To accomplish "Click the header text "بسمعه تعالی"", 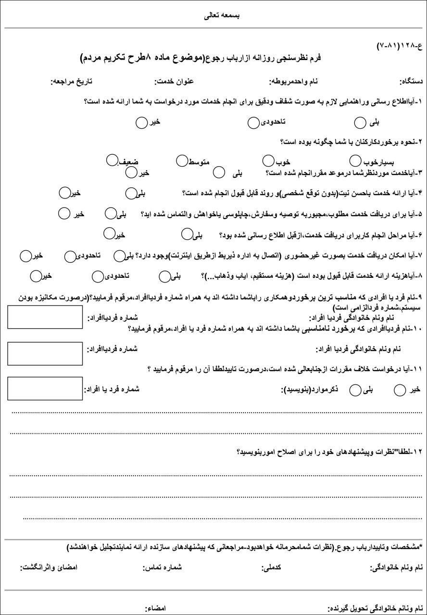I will tap(222, 15).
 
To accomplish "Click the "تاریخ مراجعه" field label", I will tap(72, 82).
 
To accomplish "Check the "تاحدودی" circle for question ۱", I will tap(253, 123).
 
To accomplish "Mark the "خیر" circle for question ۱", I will tap(141, 123).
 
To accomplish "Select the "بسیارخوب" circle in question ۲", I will tap(355, 160).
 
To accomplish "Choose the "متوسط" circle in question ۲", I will tap(181, 160).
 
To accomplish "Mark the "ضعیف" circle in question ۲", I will tap(112, 160).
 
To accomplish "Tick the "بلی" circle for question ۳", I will tap(219, 172).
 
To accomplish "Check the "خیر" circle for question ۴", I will tap(64, 193).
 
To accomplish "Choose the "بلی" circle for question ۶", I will tap(187, 234).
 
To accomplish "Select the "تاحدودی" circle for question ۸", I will tap(98, 276).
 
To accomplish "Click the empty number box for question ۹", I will tap(45, 317).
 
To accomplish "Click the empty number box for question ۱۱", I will tap(45, 388).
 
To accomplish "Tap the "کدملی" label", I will tap(271, 567).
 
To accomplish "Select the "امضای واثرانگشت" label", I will tap(49, 567).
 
